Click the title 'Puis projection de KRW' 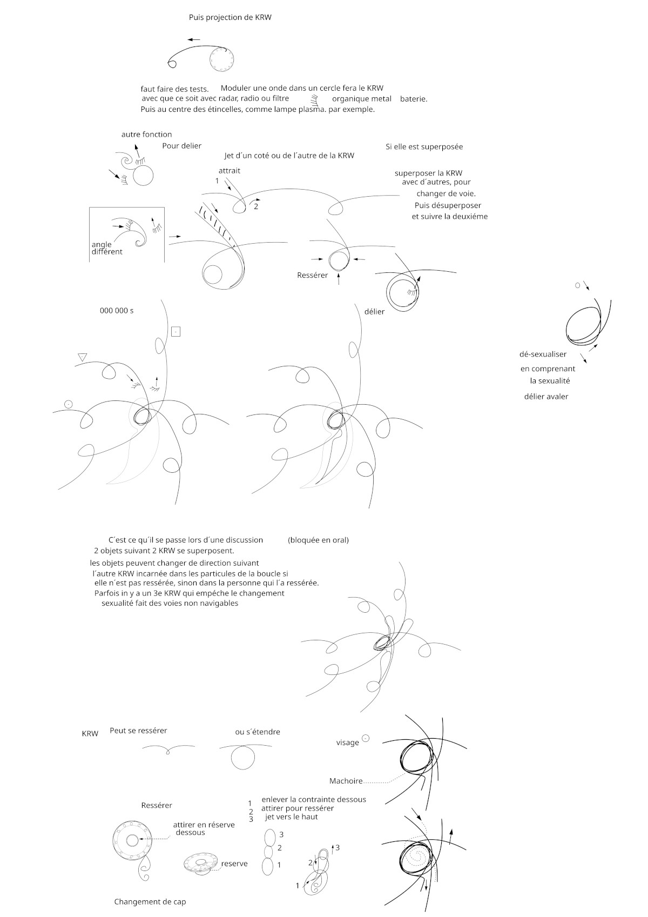230,17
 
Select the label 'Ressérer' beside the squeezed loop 312,275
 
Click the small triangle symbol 83,357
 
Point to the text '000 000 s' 117,311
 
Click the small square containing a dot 175,331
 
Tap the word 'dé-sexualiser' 543,354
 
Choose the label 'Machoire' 346,781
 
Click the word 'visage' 347,742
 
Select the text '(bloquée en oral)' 318,540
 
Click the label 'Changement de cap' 150,902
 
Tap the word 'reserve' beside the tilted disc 234,864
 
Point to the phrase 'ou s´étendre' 258,732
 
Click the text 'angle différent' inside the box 106,248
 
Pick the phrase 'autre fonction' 146,134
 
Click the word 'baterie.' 414,99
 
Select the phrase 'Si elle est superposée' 424,146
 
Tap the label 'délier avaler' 546,396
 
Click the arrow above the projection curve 194,39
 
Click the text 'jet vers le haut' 292,816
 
